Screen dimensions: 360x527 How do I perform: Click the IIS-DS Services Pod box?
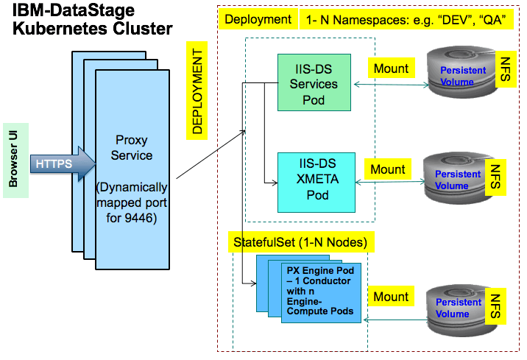(x=313, y=81)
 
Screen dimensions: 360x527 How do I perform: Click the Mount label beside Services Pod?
(x=391, y=68)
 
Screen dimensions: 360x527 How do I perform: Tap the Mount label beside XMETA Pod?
(x=388, y=169)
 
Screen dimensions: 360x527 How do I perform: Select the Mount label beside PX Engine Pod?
(x=391, y=297)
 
